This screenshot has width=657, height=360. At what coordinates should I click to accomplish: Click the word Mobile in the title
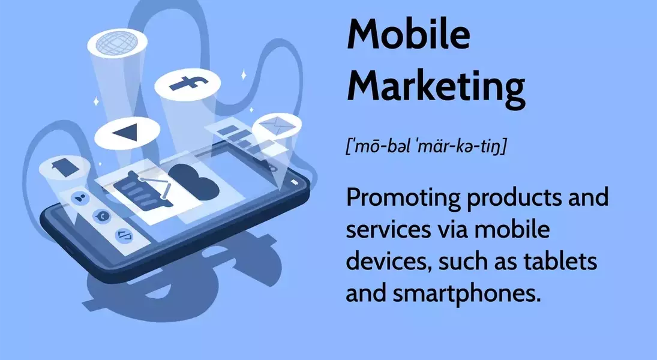tap(409, 34)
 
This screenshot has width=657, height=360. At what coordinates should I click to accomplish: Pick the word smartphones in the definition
tap(464, 293)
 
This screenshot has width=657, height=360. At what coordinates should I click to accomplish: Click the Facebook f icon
tap(188, 83)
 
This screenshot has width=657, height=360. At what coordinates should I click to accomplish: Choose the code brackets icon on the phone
tap(124, 235)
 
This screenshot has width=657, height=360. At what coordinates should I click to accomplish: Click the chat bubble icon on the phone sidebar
tap(102, 216)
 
